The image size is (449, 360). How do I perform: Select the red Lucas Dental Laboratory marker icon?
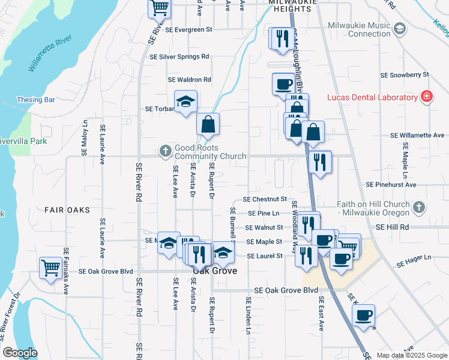[426, 97]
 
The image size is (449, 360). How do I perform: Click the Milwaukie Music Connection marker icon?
[400, 28]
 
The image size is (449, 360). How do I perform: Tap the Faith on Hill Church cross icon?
[420, 208]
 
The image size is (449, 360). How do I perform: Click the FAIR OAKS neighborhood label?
[67, 210]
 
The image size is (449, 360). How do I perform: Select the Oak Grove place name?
[214, 271]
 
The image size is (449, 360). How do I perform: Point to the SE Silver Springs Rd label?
[179, 56]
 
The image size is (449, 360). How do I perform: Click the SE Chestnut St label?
[265, 199]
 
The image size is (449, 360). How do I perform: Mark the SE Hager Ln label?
[414, 257]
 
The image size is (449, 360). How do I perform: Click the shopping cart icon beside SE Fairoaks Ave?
[50, 267]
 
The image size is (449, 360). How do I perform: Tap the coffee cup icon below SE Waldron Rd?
[283, 84]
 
